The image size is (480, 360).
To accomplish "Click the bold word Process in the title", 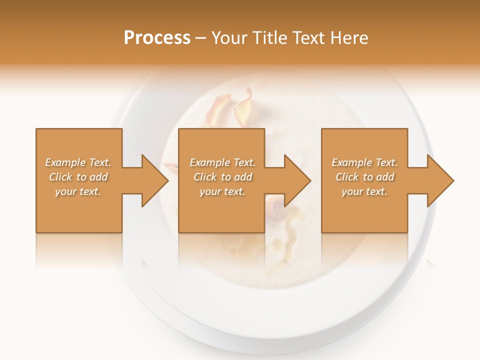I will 157,38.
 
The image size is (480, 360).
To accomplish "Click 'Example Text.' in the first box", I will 78,162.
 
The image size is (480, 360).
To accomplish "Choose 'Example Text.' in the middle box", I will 222,162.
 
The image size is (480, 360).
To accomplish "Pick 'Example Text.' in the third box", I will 364,162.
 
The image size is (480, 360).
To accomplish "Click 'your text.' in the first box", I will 78,191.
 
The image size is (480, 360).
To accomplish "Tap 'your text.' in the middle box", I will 222,191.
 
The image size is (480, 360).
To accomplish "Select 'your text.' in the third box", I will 364,191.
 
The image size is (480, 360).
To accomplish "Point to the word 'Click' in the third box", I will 347,177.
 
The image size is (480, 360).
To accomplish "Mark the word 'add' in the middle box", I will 243,177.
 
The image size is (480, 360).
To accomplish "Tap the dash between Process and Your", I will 201,38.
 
